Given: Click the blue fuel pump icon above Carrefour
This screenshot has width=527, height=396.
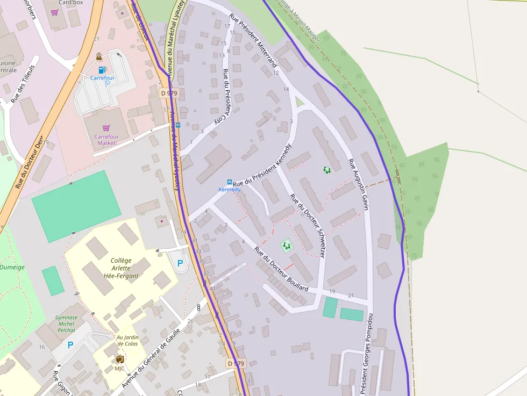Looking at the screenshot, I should click(102, 70).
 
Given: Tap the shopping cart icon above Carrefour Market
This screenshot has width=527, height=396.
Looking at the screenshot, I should click(106, 128).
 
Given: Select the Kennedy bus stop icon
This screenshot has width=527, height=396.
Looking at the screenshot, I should click(230, 182).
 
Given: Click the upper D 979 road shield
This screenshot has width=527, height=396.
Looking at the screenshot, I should click(169, 93).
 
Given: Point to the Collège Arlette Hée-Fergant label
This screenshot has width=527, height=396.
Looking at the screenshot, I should click(121, 268).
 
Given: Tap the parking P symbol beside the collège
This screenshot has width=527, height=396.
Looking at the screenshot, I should click(180, 263).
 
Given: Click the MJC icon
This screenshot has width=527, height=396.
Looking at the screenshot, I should click(119, 359).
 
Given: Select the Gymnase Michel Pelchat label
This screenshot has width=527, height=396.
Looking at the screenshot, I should click(66, 323).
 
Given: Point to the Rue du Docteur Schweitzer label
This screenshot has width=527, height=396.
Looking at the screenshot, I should click(308, 225).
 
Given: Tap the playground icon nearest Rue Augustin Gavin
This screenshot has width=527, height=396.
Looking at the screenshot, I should click(327, 170).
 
